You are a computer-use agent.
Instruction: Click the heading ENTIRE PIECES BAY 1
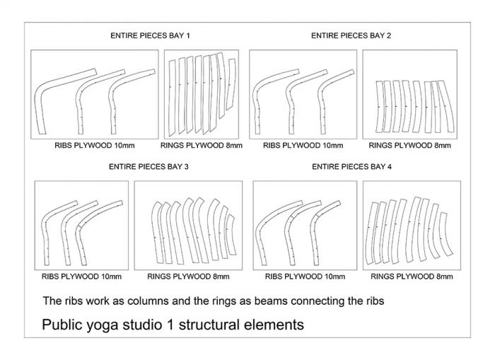point(150,35)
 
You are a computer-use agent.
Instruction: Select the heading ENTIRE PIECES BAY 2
point(351,35)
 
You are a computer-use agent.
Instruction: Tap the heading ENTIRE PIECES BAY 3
point(148,166)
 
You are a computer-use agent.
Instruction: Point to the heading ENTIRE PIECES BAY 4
point(351,166)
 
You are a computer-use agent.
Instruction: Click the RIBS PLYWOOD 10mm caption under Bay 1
point(94,146)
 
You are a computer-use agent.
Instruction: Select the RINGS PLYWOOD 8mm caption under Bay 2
point(409,146)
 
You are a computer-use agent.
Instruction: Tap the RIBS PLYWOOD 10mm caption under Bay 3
point(81,277)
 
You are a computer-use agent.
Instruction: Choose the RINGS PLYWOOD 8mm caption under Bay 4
point(412,277)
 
